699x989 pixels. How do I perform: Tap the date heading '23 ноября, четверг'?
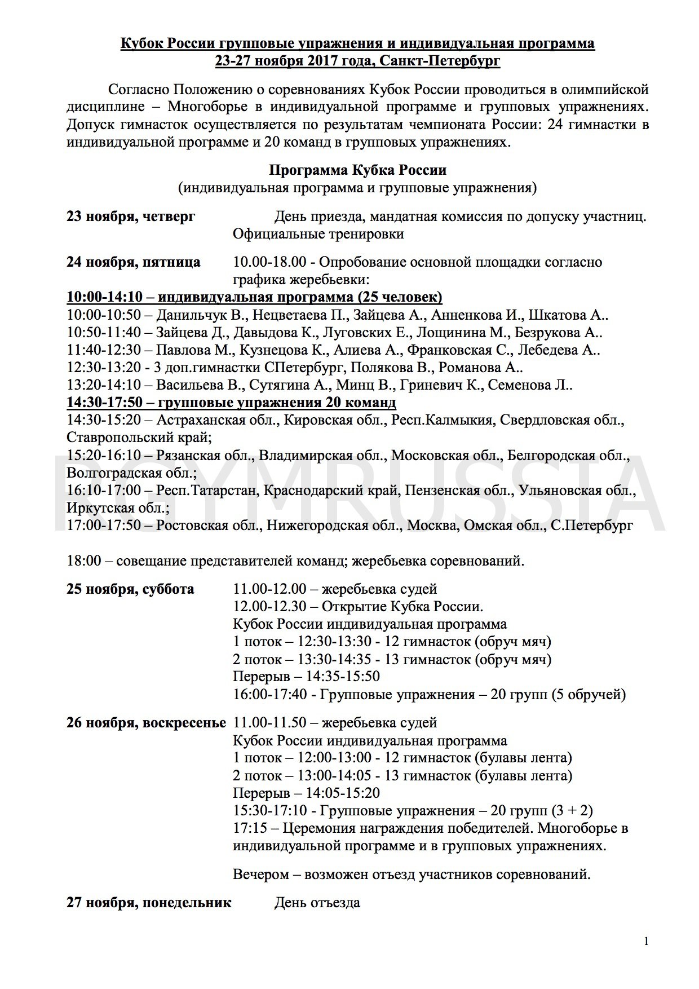[131, 217]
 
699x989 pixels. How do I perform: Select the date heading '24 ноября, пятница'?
[133, 262]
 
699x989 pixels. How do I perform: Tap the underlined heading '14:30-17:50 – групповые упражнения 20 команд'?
[231, 403]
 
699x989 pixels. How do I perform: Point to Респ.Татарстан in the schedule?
[205, 491]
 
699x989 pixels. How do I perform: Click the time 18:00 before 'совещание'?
[83, 561]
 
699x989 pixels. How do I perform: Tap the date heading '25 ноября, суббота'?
[130, 589]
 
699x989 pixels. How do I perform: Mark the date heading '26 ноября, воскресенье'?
[146, 723]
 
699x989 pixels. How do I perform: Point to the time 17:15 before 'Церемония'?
[250, 828]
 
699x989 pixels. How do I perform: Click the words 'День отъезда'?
[317, 903]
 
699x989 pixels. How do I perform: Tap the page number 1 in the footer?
[646, 941]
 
